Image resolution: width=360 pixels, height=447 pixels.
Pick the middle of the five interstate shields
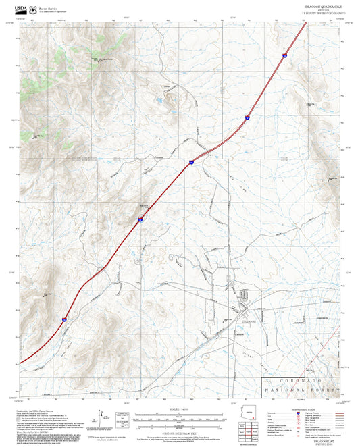pos(192,162)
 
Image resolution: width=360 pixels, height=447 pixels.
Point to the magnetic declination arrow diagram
pos(103,419)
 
